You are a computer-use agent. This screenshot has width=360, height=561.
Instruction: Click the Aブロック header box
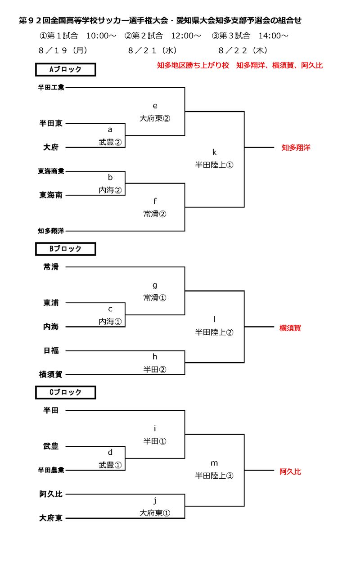click(65, 70)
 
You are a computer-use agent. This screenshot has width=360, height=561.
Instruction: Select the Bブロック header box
click(65, 249)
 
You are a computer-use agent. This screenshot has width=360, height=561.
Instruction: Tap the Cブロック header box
click(65, 392)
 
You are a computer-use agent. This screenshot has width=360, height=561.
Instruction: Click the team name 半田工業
click(51, 87)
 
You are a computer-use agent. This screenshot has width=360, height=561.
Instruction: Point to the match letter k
click(214, 151)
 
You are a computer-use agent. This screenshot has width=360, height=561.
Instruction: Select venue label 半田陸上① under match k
click(214, 165)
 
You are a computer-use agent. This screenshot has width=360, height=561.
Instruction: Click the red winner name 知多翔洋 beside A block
click(296, 147)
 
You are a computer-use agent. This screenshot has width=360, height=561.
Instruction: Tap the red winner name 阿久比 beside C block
click(290, 471)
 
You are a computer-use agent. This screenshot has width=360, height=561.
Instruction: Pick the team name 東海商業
click(51, 171)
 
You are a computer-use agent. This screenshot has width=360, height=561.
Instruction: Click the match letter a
click(110, 130)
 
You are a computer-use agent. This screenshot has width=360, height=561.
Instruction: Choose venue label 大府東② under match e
click(155, 118)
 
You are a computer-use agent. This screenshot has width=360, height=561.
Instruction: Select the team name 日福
click(51, 350)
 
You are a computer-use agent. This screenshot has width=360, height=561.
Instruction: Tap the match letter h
click(155, 357)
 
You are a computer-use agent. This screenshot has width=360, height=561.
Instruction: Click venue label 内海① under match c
click(110, 322)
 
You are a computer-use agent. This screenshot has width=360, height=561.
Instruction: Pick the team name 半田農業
click(51, 470)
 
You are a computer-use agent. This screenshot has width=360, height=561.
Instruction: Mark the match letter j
click(155, 500)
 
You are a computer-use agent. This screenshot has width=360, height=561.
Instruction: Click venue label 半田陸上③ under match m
click(214, 476)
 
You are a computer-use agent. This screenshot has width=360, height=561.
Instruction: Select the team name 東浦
click(51, 303)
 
